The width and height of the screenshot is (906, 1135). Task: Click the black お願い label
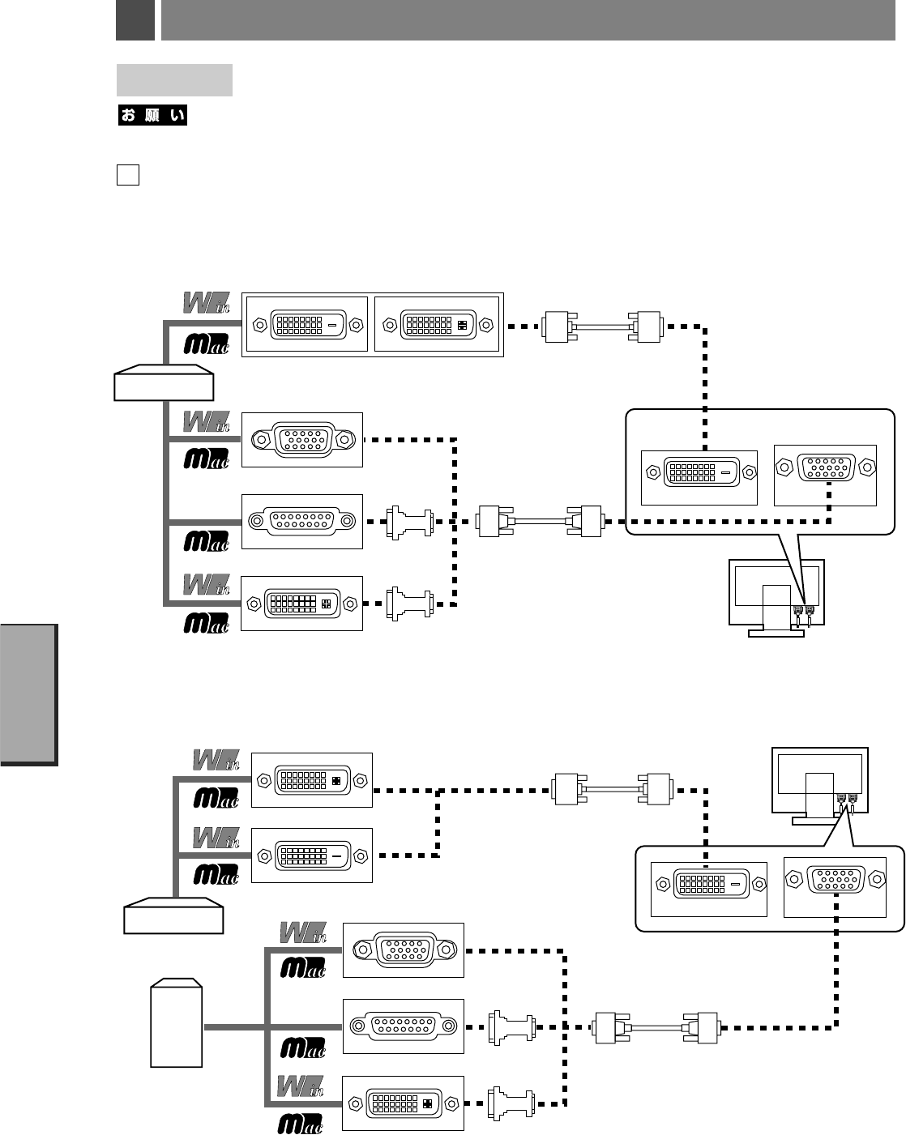click(152, 115)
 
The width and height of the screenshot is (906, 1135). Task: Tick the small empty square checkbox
click(128, 174)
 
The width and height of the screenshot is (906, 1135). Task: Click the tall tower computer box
click(176, 1022)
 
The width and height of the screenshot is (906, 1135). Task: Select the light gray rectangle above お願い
click(174, 80)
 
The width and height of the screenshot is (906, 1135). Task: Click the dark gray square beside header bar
click(135, 20)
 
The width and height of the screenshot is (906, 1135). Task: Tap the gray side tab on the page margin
click(28, 694)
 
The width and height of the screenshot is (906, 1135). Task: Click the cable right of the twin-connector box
click(603, 327)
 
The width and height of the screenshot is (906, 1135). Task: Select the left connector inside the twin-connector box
click(308, 324)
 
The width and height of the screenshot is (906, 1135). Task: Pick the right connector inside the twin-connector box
click(438, 324)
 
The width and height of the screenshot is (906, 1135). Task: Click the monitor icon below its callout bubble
click(776, 598)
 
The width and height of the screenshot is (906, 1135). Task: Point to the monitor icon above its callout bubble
click(819, 786)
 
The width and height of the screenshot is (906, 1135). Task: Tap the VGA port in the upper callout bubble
click(826, 467)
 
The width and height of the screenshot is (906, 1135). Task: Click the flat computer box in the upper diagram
click(164, 382)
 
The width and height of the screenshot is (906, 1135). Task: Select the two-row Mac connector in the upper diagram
click(301, 522)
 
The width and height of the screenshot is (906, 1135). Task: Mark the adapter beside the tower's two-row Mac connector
click(512, 1027)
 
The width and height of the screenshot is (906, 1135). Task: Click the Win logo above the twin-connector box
click(207, 303)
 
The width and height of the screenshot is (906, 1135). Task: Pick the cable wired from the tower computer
click(656, 1028)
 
